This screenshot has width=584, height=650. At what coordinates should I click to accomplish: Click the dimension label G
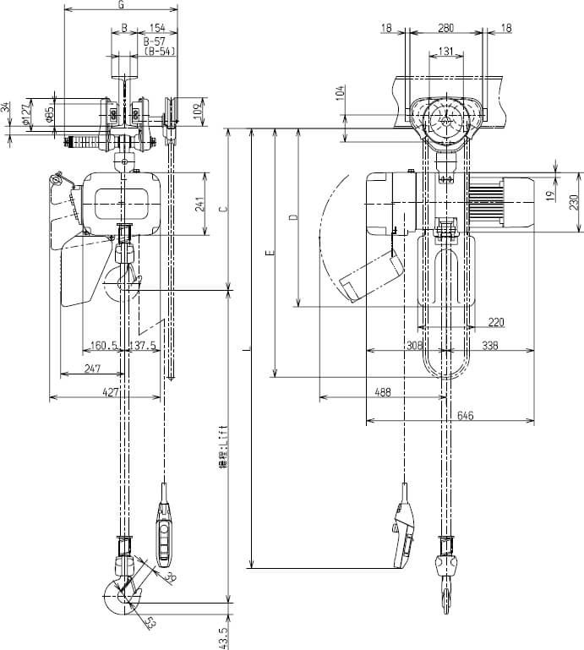click(x=122, y=5)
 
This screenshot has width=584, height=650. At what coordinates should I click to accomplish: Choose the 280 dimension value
click(x=445, y=28)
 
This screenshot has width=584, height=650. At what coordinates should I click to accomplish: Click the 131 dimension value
click(x=449, y=51)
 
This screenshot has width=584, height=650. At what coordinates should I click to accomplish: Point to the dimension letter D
click(x=292, y=217)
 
